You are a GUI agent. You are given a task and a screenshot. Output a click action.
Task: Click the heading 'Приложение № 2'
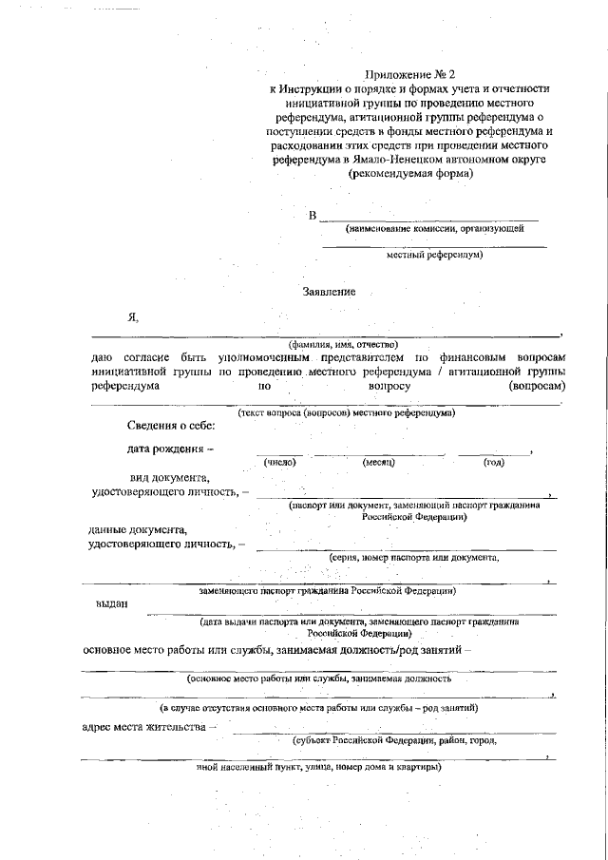(x=410, y=73)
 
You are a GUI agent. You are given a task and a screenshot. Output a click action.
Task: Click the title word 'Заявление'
(x=329, y=291)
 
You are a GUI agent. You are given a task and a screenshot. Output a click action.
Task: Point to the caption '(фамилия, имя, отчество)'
(x=344, y=344)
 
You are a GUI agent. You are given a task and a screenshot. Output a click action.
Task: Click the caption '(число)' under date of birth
(x=280, y=462)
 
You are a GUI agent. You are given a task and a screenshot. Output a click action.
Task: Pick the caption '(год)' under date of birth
(x=494, y=462)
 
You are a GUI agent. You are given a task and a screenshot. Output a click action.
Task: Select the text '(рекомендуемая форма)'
(x=410, y=174)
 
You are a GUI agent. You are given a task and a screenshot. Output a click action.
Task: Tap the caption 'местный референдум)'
(x=435, y=255)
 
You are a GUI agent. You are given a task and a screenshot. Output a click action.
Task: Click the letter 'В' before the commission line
(x=313, y=216)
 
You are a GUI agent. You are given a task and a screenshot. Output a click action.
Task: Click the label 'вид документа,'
(x=170, y=477)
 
